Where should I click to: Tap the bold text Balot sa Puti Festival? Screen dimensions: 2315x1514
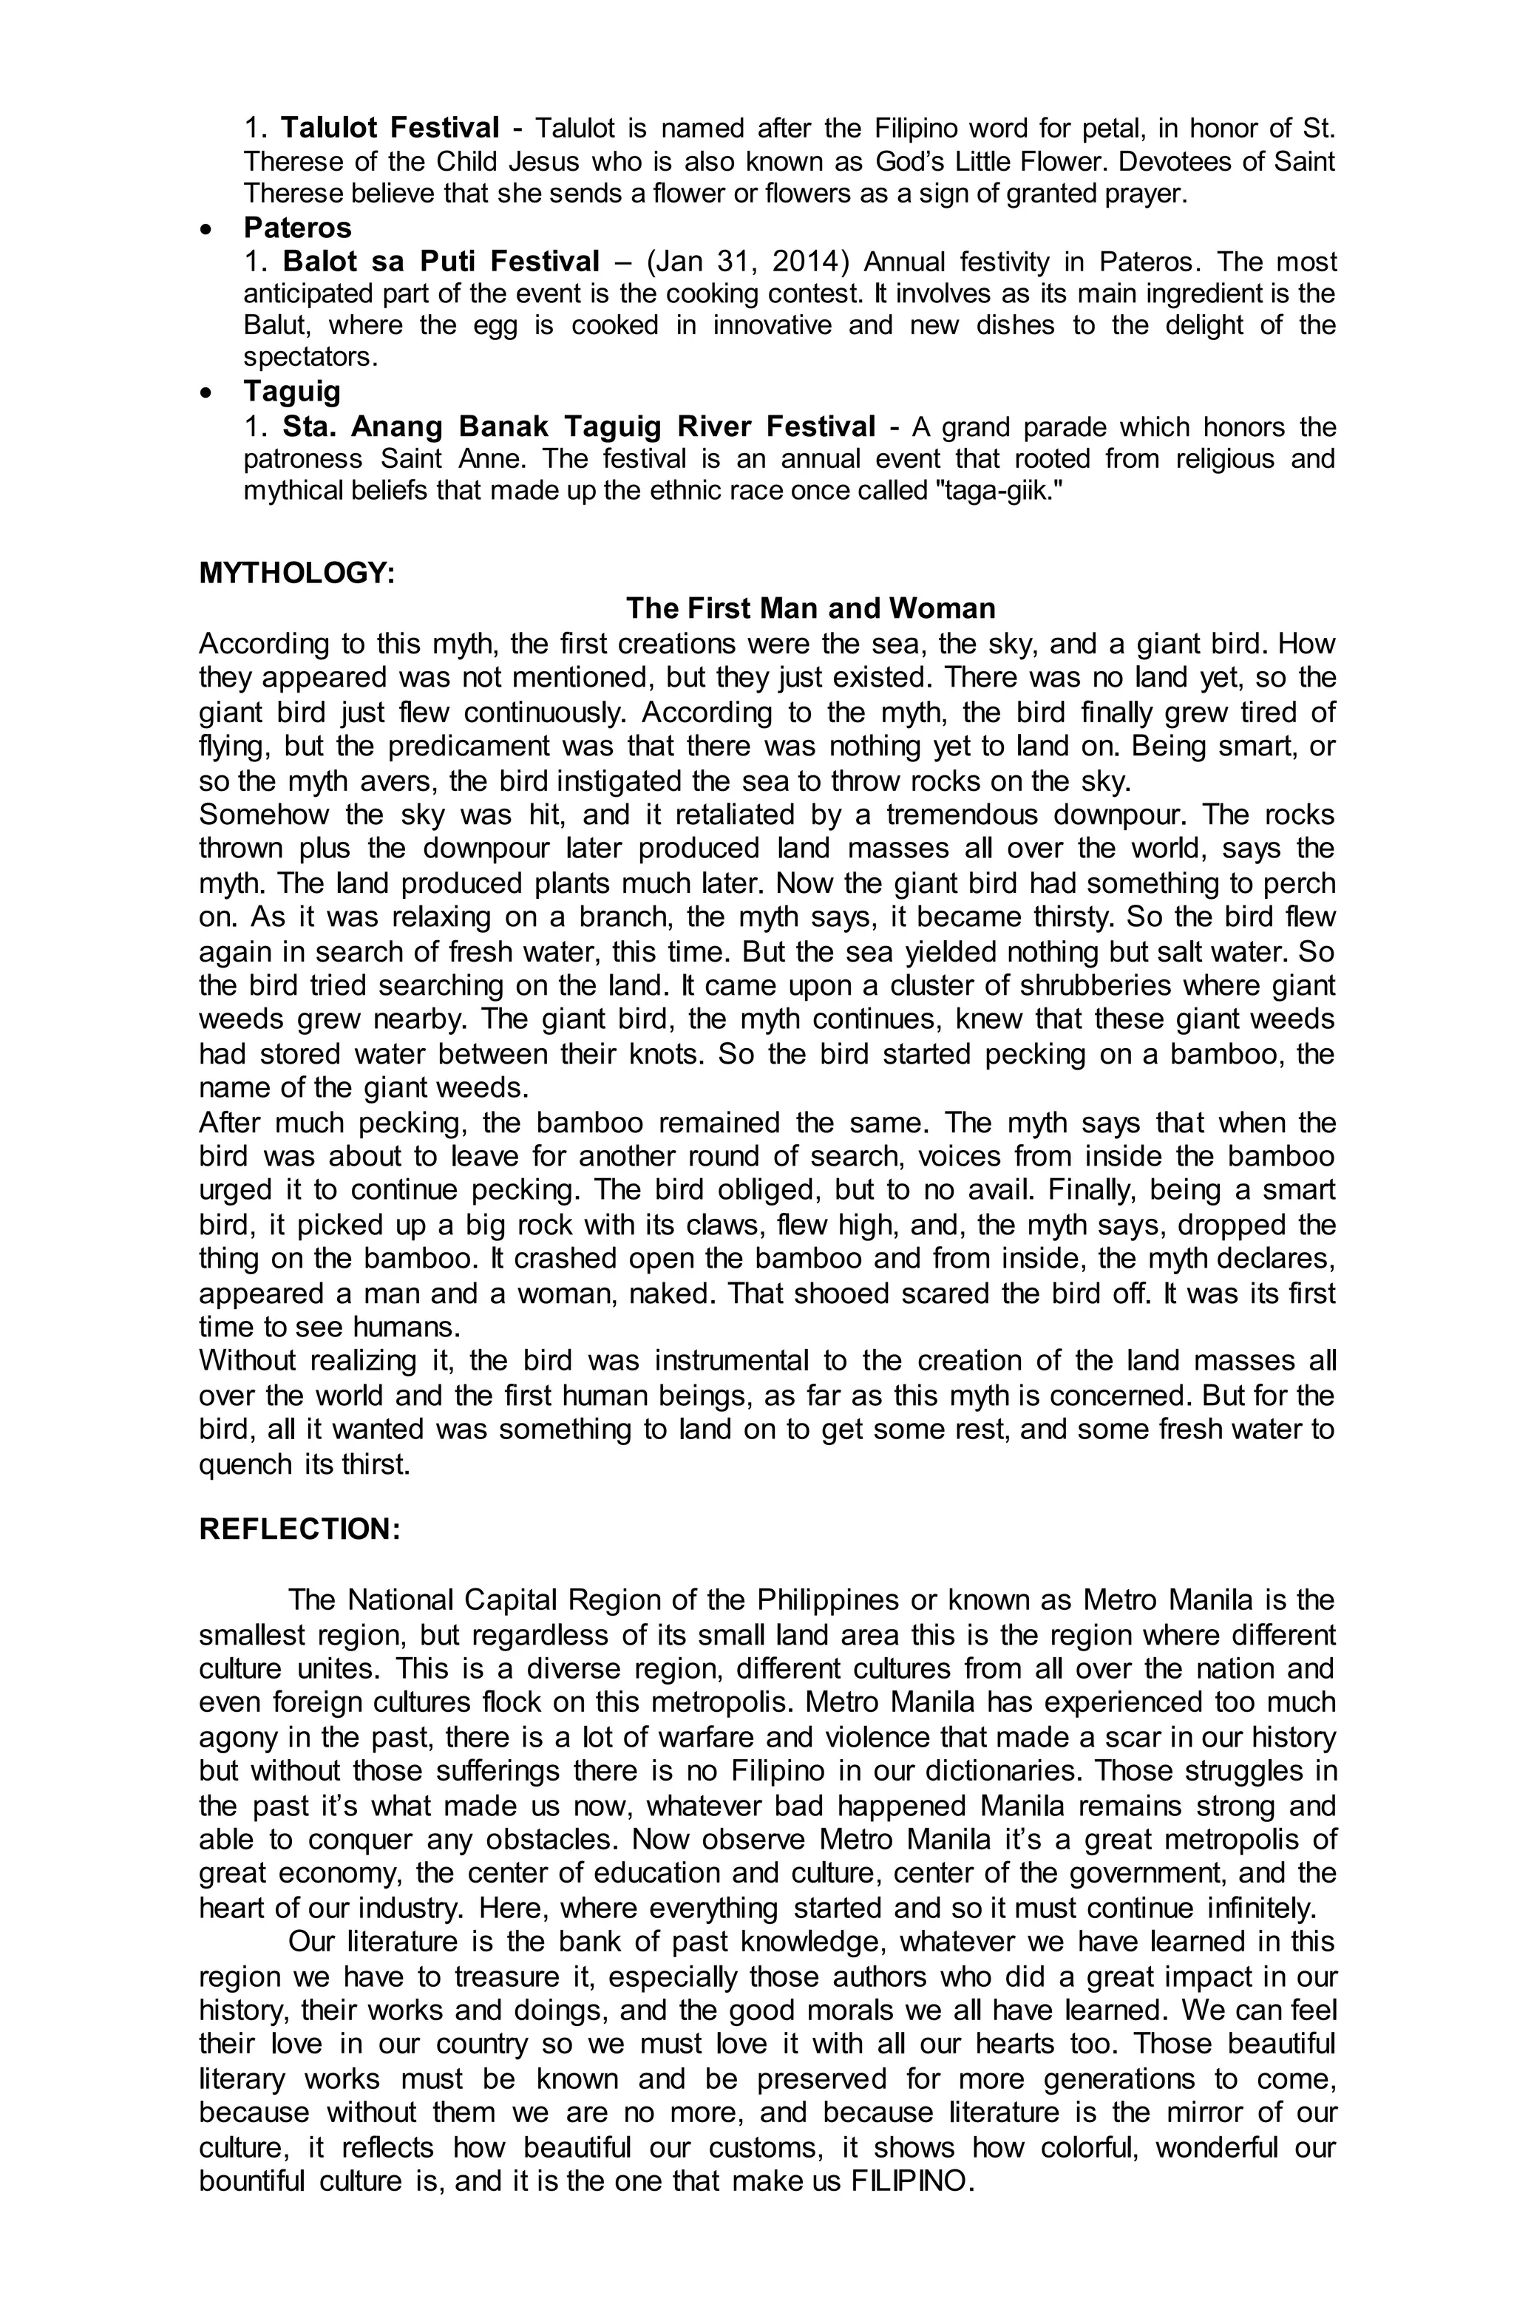point(441,261)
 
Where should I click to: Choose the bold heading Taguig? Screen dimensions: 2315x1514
point(292,391)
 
